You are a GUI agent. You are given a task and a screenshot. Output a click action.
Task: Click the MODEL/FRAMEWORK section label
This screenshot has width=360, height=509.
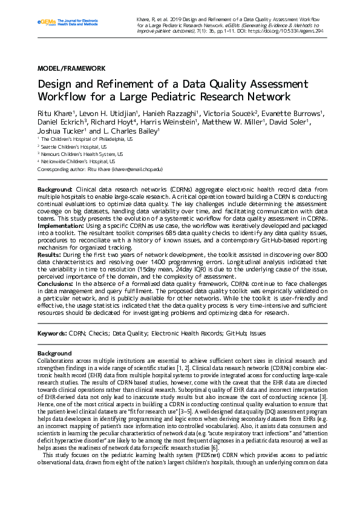(x=71, y=69)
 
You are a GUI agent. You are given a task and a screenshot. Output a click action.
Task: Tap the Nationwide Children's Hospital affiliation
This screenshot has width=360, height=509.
(x=79, y=162)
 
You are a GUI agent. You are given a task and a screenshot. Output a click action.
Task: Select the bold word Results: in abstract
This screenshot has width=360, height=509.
(x=51, y=254)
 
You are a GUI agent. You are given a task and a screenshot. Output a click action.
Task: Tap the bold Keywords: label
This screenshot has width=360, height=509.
(x=52, y=333)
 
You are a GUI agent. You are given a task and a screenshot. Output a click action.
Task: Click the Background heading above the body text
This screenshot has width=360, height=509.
(x=54, y=353)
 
